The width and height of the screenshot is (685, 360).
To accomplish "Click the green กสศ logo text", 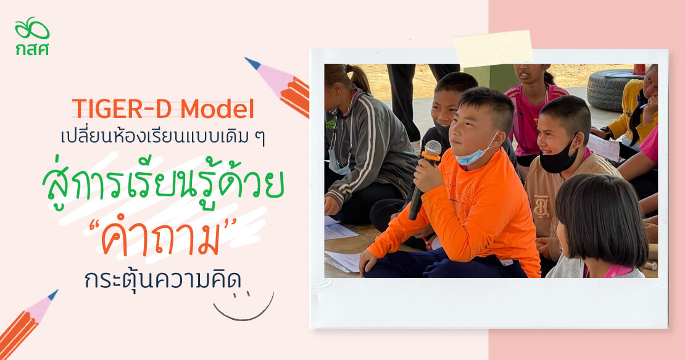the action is pos(32,49).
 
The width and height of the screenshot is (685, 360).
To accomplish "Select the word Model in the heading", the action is pos(217,109).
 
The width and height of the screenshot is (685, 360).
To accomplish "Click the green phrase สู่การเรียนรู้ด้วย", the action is pos(164,186).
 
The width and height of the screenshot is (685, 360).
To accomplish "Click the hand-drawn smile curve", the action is pos(244,311).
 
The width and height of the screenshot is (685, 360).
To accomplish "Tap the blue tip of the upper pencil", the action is pos(252,63).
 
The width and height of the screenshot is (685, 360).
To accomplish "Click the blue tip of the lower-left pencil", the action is pos(53,295).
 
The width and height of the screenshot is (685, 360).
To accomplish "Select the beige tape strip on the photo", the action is pos(494,48).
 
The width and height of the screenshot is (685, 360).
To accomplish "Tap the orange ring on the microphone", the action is pos(431,156).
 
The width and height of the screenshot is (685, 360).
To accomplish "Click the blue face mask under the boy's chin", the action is pos(475,153).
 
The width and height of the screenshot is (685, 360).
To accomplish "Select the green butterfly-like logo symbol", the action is pos(32,29).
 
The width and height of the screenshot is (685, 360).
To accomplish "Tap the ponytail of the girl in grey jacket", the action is pos(359,78).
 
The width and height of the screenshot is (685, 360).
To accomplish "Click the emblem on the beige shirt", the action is pos(541,206).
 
